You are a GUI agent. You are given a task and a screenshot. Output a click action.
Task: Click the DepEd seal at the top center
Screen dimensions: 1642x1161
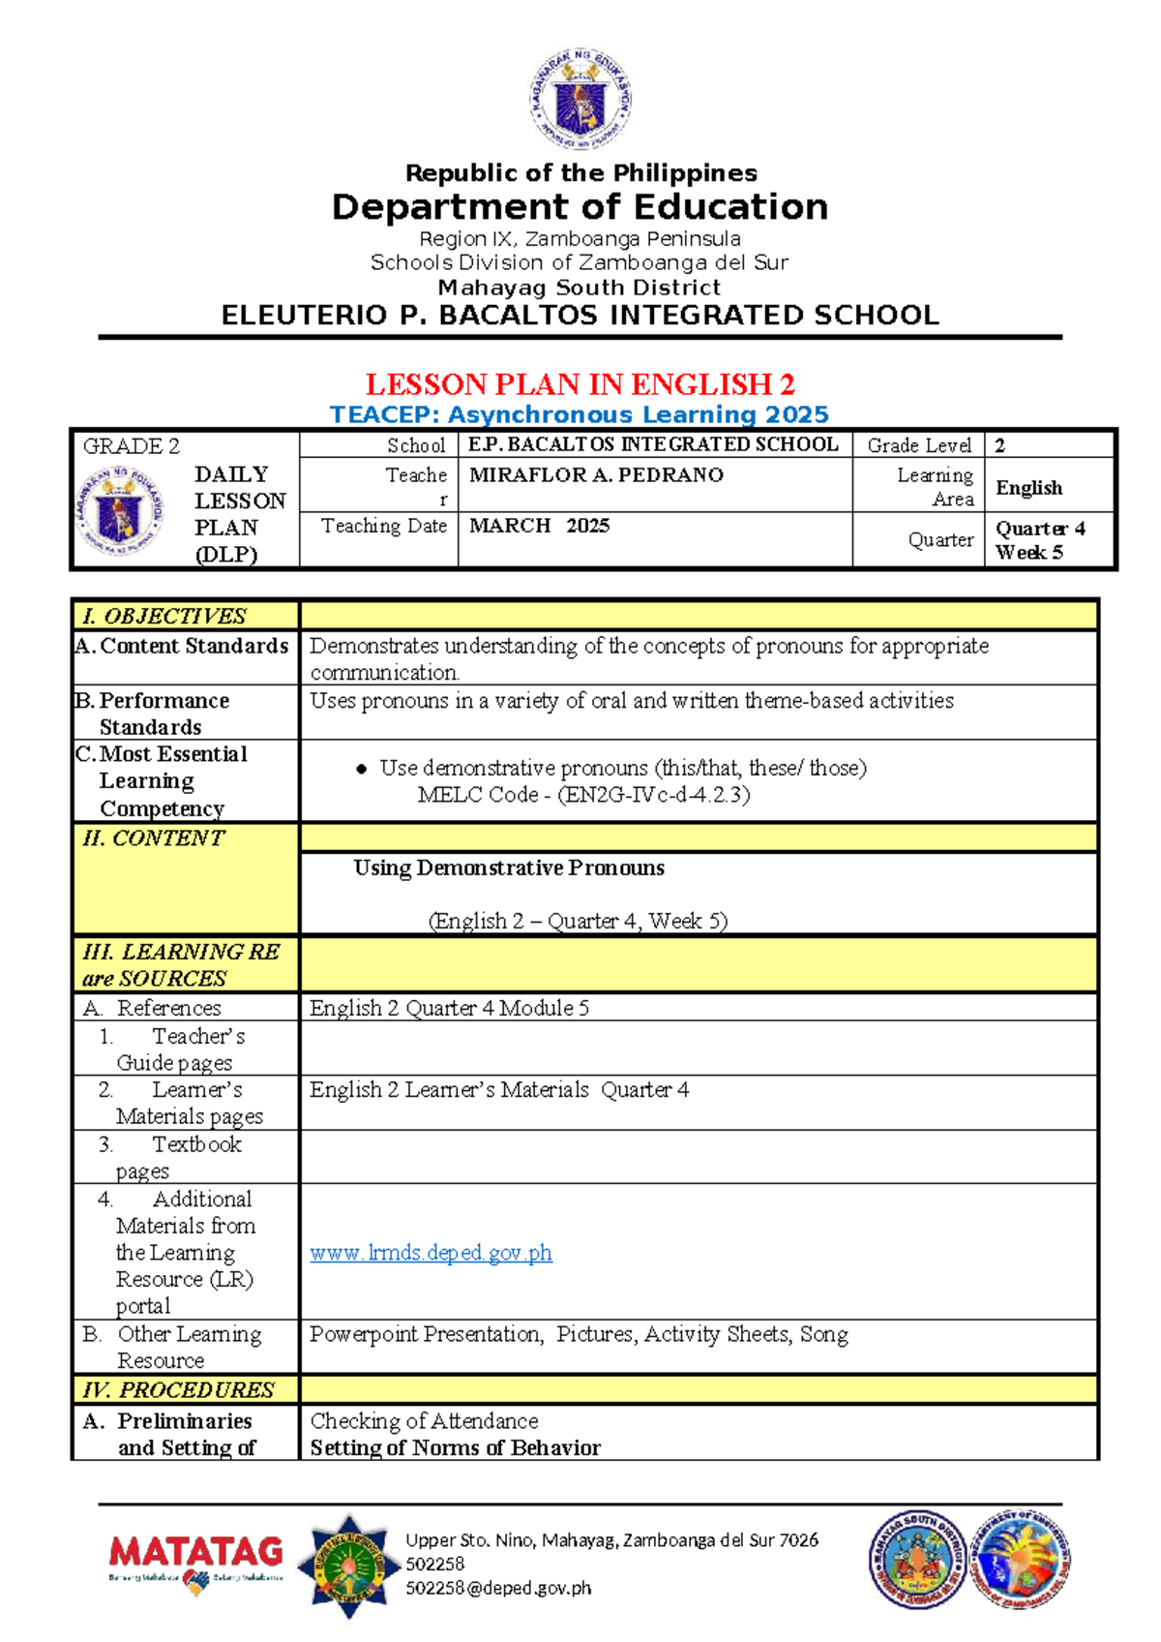tap(580, 101)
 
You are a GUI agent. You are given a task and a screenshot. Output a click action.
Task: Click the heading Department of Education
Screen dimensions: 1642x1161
tap(580, 207)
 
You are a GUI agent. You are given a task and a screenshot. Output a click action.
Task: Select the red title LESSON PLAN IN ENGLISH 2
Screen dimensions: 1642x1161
tap(580, 384)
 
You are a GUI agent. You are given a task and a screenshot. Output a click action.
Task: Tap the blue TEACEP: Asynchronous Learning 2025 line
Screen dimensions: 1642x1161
tap(579, 414)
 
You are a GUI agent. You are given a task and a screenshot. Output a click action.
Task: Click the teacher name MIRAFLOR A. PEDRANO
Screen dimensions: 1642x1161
tap(596, 475)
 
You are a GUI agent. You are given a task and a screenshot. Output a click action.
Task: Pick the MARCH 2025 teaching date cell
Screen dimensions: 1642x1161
tap(539, 526)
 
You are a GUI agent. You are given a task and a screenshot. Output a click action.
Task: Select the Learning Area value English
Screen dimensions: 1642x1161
tap(1028, 488)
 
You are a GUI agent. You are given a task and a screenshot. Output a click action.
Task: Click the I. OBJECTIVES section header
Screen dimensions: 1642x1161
tap(164, 617)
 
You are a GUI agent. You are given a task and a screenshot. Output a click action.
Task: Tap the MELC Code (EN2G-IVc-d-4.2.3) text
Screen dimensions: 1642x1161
tap(583, 795)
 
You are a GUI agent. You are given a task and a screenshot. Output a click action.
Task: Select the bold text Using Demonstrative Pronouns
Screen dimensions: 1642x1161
tap(509, 868)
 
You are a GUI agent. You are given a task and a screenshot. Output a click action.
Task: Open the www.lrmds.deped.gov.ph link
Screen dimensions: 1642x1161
tap(431, 1253)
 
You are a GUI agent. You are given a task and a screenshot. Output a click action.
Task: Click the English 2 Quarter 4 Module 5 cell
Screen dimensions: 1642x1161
tap(449, 1008)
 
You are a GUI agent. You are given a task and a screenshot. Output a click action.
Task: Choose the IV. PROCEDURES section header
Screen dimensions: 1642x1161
tap(178, 1390)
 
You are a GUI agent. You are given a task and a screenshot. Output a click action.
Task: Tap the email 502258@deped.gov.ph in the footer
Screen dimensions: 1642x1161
tap(498, 1588)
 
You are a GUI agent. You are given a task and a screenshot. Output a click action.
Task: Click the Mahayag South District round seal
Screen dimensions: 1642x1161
tap(915, 1559)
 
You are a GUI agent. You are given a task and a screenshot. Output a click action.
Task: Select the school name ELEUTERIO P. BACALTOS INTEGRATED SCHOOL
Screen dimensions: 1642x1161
tap(580, 316)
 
